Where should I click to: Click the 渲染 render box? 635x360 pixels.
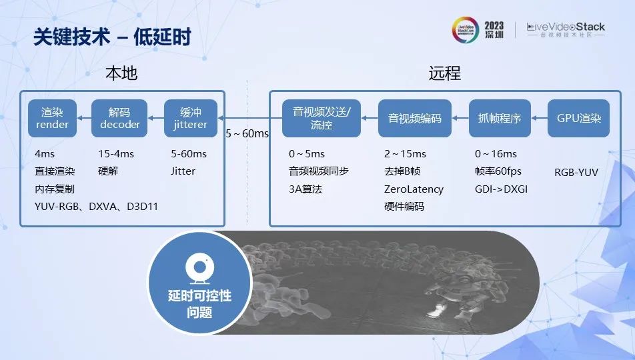[52, 118]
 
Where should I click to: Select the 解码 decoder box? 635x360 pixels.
[119, 118]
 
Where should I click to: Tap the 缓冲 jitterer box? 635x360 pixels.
[191, 118]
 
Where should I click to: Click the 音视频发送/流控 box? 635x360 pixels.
[322, 118]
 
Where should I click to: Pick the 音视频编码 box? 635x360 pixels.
[415, 118]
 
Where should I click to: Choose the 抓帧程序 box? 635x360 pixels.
[500, 118]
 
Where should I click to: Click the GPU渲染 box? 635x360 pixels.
[579, 118]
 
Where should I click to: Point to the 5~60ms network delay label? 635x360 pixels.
[247, 133]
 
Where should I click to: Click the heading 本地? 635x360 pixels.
[121, 73]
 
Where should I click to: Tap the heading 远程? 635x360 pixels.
[445, 73]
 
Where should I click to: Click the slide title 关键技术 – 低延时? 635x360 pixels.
[112, 37]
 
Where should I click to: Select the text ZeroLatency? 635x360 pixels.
[414, 189]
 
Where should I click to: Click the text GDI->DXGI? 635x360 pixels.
[502, 189]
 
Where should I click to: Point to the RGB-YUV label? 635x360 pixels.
[576, 172]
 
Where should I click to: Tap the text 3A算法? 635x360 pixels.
[305, 189]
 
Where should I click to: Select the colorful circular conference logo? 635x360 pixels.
[466, 30]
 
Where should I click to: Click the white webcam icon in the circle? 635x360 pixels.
[199, 268]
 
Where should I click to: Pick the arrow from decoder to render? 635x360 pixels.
[84, 118]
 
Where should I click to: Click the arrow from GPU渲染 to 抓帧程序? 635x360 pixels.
[540, 118]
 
